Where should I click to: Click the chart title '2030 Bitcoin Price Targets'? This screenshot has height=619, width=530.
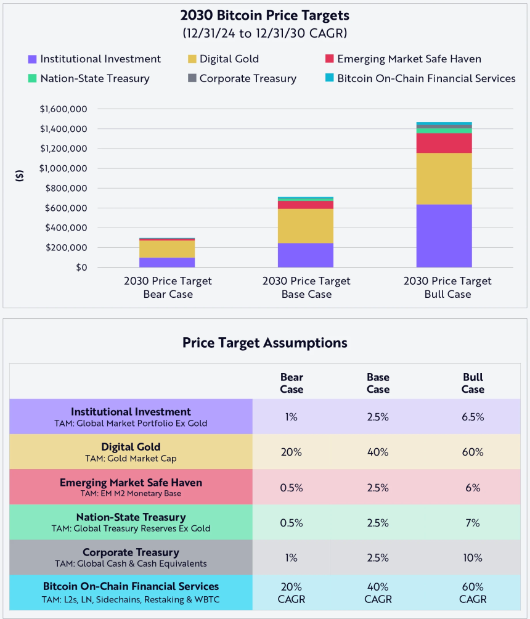pyautogui.click(x=264, y=15)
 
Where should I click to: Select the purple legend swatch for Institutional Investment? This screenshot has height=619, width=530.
pyautogui.click(x=32, y=60)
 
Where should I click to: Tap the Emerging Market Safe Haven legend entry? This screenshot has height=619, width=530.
pyautogui.click(x=409, y=59)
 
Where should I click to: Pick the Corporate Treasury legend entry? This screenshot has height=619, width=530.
pyautogui.click(x=248, y=79)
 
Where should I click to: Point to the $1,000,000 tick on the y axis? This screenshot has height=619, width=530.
pyautogui.click(x=64, y=169)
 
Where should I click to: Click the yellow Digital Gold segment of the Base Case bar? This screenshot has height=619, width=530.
pyautogui.click(x=306, y=226)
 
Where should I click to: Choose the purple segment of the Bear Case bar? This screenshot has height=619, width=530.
pyautogui.click(x=167, y=262)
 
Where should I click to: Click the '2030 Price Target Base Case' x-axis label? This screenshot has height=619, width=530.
pyautogui.click(x=306, y=288)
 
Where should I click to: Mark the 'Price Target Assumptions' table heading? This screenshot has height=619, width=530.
pyautogui.click(x=264, y=343)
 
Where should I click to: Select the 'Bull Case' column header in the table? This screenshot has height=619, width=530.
pyautogui.click(x=473, y=383)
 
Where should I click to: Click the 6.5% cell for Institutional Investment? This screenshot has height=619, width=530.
pyautogui.click(x=473, y=417)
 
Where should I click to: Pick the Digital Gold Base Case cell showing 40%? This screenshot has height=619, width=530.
pyautogui.click(x=377, y=452)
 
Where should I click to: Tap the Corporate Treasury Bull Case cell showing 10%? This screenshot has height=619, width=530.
pyautogui.click(x=473, y=558)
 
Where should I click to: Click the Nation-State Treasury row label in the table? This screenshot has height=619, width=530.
pyautogui.click(x=131, y=522)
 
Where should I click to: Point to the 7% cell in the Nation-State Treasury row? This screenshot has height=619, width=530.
pyautogui.click(x=473, y=523)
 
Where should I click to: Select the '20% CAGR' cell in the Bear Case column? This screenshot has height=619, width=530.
pyautogui.click(x=291, y=593)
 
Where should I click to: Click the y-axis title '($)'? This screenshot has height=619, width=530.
pyautogui.click(x=20, y=175)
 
